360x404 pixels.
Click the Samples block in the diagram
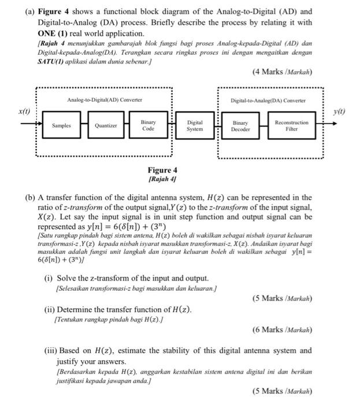(61, 125)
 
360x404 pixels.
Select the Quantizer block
(106, 125)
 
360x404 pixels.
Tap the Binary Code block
(148, 126)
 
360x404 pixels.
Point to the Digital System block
(195, 126)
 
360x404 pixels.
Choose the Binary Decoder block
(240, 126)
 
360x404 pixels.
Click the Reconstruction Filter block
(291, 126)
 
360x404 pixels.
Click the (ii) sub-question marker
(50, 309)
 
